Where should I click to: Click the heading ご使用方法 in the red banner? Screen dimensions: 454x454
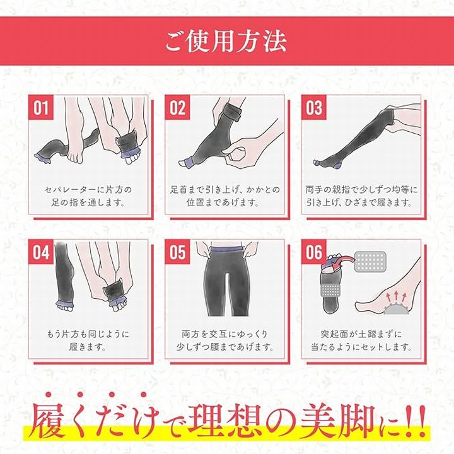(226, 42)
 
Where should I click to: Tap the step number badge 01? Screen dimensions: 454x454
(41, 107)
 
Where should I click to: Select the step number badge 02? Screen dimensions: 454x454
(177, 107)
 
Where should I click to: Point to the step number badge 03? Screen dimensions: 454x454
(314, 107)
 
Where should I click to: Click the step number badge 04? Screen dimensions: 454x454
(41, 252)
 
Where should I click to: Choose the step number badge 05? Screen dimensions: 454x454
(177, 252)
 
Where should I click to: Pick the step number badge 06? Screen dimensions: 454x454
(314, 252)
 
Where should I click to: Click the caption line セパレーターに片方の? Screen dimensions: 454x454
(88, 190)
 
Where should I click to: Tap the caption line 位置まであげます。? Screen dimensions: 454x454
(223, 202)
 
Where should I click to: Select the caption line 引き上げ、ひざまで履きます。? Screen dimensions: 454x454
(359, 202)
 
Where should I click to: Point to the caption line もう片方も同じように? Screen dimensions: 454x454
(88, 334)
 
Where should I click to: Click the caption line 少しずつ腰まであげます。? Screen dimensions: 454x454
(225, 347)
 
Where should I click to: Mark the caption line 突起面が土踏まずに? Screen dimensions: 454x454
(361, 334)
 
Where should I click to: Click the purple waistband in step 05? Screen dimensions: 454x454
(226, 249)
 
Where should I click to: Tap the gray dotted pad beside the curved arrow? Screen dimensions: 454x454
(370, 262)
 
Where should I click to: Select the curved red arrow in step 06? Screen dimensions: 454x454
(343, 261)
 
